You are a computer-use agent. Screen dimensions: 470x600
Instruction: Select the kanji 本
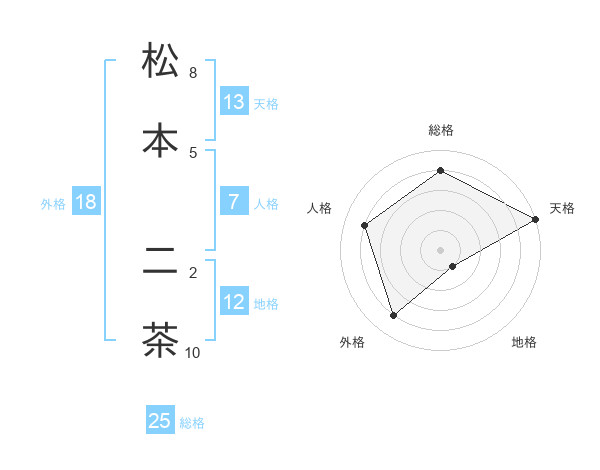[160, 140]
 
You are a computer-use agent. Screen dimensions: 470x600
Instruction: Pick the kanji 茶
[160, 340]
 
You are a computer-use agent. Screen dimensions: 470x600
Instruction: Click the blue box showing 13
[234, 102]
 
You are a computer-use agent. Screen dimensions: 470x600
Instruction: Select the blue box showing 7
[234, 202]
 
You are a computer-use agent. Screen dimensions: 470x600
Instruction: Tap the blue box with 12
[234, 302]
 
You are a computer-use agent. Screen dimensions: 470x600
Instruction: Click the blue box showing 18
[86, 202]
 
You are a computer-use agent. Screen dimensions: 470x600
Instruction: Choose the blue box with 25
[160, 421]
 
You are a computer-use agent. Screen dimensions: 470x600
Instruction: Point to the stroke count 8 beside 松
[193, 73]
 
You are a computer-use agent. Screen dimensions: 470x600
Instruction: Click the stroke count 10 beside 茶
[193, 352]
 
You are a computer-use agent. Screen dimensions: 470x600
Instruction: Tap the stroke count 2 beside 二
[193, 271]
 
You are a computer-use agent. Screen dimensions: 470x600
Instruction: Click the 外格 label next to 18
[53, 203]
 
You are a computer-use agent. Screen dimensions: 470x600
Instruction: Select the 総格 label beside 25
[192, 423]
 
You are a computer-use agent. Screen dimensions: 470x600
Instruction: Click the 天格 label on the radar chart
[562, 208]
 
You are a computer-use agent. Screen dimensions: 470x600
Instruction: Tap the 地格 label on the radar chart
[524, 342]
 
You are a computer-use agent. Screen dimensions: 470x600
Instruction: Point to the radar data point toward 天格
[536, 219]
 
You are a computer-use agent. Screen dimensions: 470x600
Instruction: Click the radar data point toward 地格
[453, 266]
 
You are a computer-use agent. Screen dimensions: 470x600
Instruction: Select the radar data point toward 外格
[394, 316]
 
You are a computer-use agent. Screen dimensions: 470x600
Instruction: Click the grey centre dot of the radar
[441, 249]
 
